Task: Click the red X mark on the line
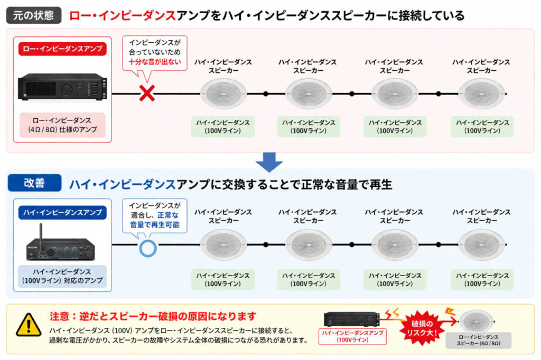point(146,94)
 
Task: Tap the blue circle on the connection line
point(147,247)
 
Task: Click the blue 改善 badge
point(34,183)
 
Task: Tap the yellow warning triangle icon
point(28,325)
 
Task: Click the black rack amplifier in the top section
point(62,87)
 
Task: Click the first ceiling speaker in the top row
point(223,94)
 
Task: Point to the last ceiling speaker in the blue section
point(481,245)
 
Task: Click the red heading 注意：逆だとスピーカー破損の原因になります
point(153,317)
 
